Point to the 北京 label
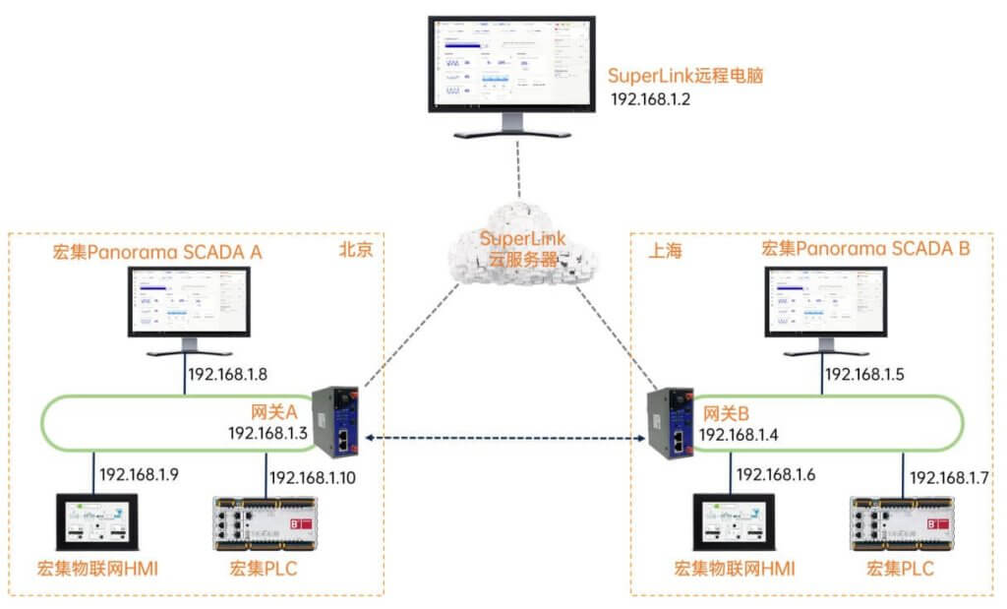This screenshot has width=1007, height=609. (356, 250)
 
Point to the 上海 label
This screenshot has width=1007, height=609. (665, 252)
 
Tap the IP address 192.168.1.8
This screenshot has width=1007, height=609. (229, 375)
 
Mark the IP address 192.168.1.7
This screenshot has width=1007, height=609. (949, 477)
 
